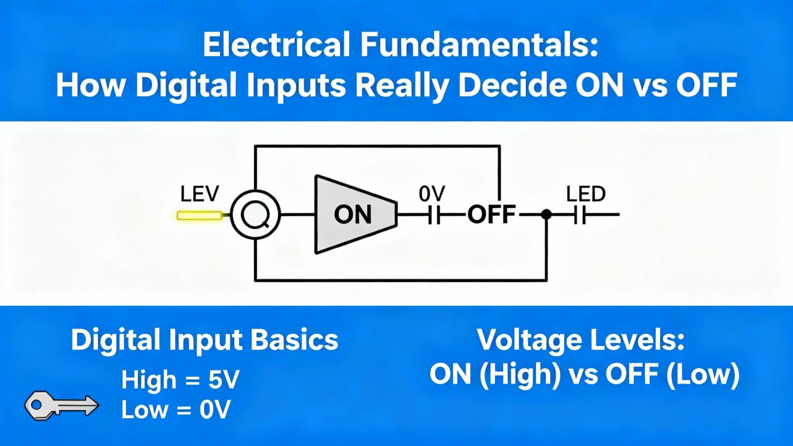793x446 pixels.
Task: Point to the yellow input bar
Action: (x=200, y=216)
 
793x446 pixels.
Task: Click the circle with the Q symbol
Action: (x=255, y=215)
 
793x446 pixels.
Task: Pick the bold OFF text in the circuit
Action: (x=491, y=215)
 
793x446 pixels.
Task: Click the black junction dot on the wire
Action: (x=546, y=214)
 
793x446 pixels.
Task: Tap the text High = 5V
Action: (x=180, y=380)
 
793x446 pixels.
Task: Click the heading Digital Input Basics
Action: (x=205, y=340)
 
